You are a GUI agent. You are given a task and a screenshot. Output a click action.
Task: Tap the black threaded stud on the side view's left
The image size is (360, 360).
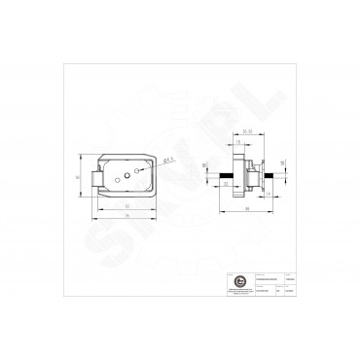pos(225,177)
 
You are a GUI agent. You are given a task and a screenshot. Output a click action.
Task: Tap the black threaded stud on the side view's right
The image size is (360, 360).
pos(271,177)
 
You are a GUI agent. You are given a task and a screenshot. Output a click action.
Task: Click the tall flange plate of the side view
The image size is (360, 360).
pos(238,175)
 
